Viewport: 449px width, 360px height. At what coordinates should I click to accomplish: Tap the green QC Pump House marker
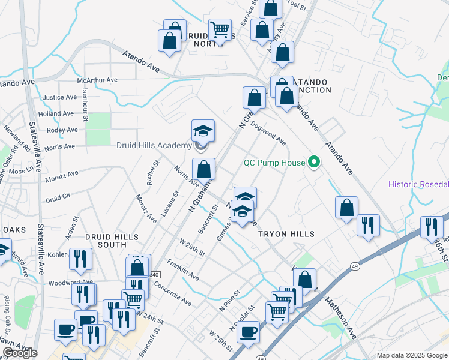313,162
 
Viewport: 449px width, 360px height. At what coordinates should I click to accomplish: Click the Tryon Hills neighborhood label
286,233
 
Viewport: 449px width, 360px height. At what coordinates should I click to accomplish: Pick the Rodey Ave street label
62,130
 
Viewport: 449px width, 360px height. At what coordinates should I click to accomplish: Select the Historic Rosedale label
418,184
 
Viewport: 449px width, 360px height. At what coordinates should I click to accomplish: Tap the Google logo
20,353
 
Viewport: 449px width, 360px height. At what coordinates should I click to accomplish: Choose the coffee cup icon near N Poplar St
248,332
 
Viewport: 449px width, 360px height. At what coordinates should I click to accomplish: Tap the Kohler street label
57,254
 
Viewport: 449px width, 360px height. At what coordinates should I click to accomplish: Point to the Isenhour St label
85,107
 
